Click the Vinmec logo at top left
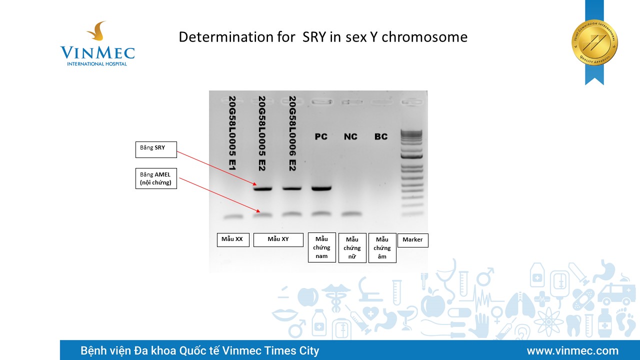point(97,43)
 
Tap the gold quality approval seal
point(594,43)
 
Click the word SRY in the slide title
point(314,37)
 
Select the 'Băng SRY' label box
point(156,149)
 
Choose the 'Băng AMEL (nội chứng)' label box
point(156,178)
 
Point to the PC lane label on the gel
point(321,136)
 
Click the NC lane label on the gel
point(350,136)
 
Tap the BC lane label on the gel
point(381,136)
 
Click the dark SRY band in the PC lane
point(321,188)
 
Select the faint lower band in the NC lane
point(351,213)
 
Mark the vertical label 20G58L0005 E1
point(232,133)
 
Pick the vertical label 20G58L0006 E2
point(292,133)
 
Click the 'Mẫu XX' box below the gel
point(233,239)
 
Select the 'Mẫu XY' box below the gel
point(278,239)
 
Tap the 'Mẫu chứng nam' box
point(321,247)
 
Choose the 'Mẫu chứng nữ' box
point(352,247)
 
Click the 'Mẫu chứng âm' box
point(382,247)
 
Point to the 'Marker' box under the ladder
point(413,240)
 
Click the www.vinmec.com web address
point(572,350)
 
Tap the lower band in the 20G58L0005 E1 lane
point(233,217)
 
